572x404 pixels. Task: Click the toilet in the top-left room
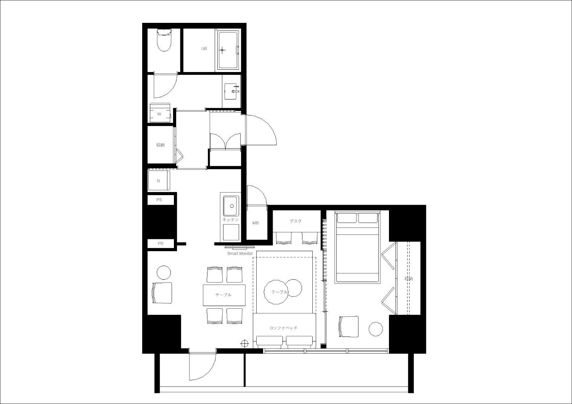pyautogui.click(x=164, y=40)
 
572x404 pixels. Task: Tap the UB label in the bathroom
pyautogui.click(x=204, y=48)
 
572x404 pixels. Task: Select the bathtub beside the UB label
pyautogui.click(x=228, y=51)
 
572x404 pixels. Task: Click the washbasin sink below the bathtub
pyautogui.click(x=231, y=91)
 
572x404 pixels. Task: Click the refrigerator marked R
pyautogui.click(x=159, y=181)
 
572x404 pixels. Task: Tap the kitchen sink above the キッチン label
pyautogui.click(x=231, y=206)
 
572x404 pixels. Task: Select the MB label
pyautogui.click(x=255, y=223)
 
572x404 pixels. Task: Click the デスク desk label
pyautogui.click(x=296, y=221)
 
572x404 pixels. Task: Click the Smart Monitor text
pyautogui.click(x=240, y=253)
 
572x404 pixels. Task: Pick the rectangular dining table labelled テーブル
pyautogui.click(x=224, y=295)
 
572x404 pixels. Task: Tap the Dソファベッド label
pyautogui.click(x=284, y=328)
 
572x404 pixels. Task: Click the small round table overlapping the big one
pyautogui.click(x=294, y=288)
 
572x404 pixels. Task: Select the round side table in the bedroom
pyautogui.click(x=376, y=329)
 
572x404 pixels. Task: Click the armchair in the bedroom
pyautogui.click(x=349, y=327)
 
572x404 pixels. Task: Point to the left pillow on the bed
pyautogui.click(x=347, y=218)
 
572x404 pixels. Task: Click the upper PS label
pyautogui.click(x=159, y=200)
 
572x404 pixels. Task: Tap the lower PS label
pyautogui.click(x=161, y=244)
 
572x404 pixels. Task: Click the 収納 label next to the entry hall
pyautogui.click(x=161, y=145)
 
